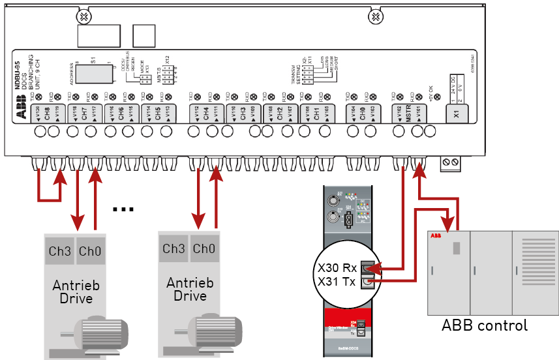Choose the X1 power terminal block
457,113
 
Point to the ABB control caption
485,325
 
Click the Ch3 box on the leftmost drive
59,251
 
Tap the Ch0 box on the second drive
204,248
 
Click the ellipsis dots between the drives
123,209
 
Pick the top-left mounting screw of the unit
83,16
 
